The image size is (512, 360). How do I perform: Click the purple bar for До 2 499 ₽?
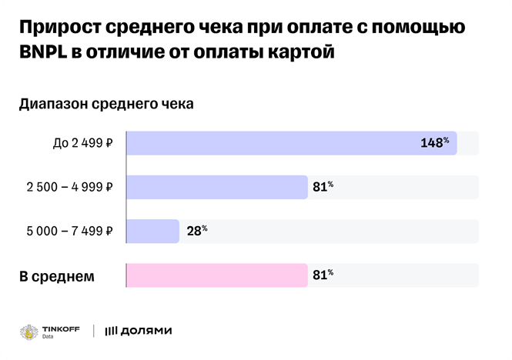291,144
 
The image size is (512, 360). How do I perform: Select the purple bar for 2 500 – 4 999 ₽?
216,187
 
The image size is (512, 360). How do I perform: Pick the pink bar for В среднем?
216,275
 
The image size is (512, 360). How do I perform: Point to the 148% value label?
434,143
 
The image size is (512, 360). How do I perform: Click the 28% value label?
196,230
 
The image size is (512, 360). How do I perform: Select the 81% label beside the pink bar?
323,274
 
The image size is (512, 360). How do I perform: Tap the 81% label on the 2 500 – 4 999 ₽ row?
323,186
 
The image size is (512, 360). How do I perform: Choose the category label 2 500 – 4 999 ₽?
70,187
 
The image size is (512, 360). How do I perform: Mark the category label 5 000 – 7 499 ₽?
70,231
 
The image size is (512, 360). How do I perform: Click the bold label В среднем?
56,275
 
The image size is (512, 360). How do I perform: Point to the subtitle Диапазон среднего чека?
106,104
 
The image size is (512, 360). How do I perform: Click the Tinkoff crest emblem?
30,331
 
